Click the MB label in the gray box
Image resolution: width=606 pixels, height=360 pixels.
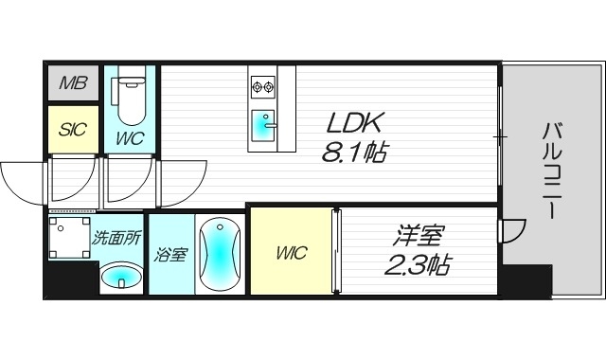(x=73, y=83)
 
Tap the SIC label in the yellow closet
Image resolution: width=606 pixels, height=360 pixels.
(x=73, y=130)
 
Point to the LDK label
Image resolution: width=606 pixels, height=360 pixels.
(x=356, y=123)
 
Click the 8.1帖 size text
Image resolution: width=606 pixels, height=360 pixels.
(x=356, y=152)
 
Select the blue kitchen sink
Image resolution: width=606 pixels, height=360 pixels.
(x=263, y=123)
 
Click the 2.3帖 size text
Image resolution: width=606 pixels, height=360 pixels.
(x=417, y=265)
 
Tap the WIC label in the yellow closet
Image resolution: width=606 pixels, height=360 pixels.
(x=291, y=254)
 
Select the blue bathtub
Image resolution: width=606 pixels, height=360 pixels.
(x=220, y=254)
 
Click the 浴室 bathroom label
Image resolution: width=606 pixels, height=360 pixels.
(x=171, y=254)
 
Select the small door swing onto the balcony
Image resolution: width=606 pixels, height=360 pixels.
(x=512, y=229)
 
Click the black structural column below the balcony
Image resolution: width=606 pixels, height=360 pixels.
(x=526, y=279)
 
